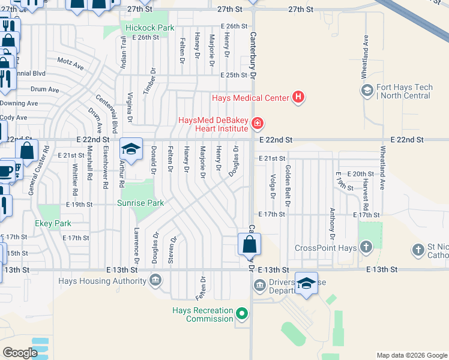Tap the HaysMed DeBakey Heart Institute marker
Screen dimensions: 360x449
pyautogui.click(x=258, y=124)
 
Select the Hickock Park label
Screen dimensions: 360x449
pyautogui.click(x=149, y=28)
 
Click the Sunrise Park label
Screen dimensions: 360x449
pyautogui.click(x=141, y=203)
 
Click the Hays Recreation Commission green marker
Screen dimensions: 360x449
pyautogui.click(x=242, y=313)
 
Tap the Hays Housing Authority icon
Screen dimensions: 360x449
pyautogui.click(x=155, y=280)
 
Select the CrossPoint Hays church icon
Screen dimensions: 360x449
pyautogui.click(x=366, y=248)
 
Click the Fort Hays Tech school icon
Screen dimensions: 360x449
pyautogui.click(x=366, y=91)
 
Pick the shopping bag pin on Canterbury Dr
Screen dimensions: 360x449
pyautogui.click(x=249, y=245)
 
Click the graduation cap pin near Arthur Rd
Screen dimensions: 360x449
pyautogui.click(x=131, y=149)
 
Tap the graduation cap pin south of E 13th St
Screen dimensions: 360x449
pyautogui.click(x=306, y=284)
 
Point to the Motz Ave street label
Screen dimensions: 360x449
pyautogui.click(x=70, y=63)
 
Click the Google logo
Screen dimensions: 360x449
pyautogui.click(x=20, y=353)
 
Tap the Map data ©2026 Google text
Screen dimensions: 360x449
pyautogui.click(x=411, y=355)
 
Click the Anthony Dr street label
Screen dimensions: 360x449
pyautogui.click(x=331, y=223)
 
